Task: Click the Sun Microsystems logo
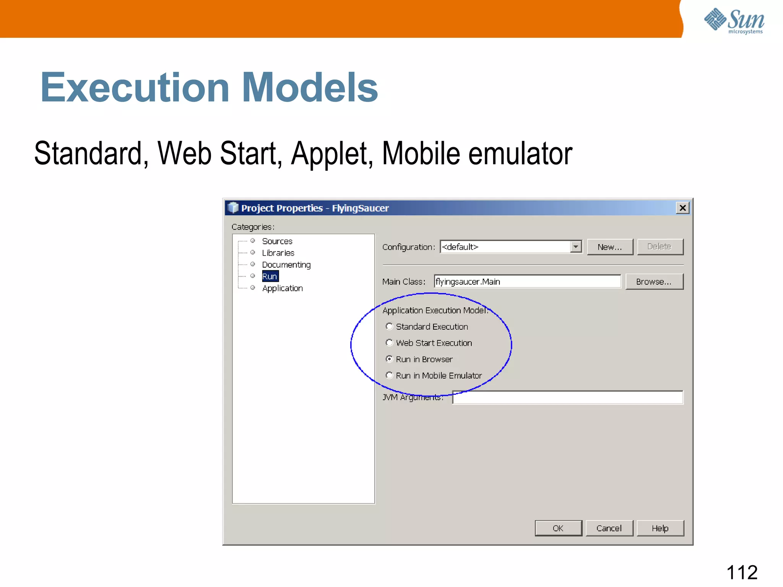click(734, 21)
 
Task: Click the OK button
click(558, 528)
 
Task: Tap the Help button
click(660, 528)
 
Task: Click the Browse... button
click(654, 282)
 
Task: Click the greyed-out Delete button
click(660, 247)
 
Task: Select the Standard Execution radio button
click(389, 326)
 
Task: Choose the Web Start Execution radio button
click(389, 343)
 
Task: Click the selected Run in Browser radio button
click(389, 359)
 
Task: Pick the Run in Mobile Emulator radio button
click(389, 375)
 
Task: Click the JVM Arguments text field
click(567, 397)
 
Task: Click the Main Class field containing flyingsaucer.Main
click(528, 282)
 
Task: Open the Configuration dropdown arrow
click(575, 247)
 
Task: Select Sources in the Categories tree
click(277, 241)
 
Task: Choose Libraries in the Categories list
click(278, 253)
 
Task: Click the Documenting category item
click(286, 265)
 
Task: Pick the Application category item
click(282, 288)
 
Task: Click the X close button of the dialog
click(682, 208)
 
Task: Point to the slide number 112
click(742, 572)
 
